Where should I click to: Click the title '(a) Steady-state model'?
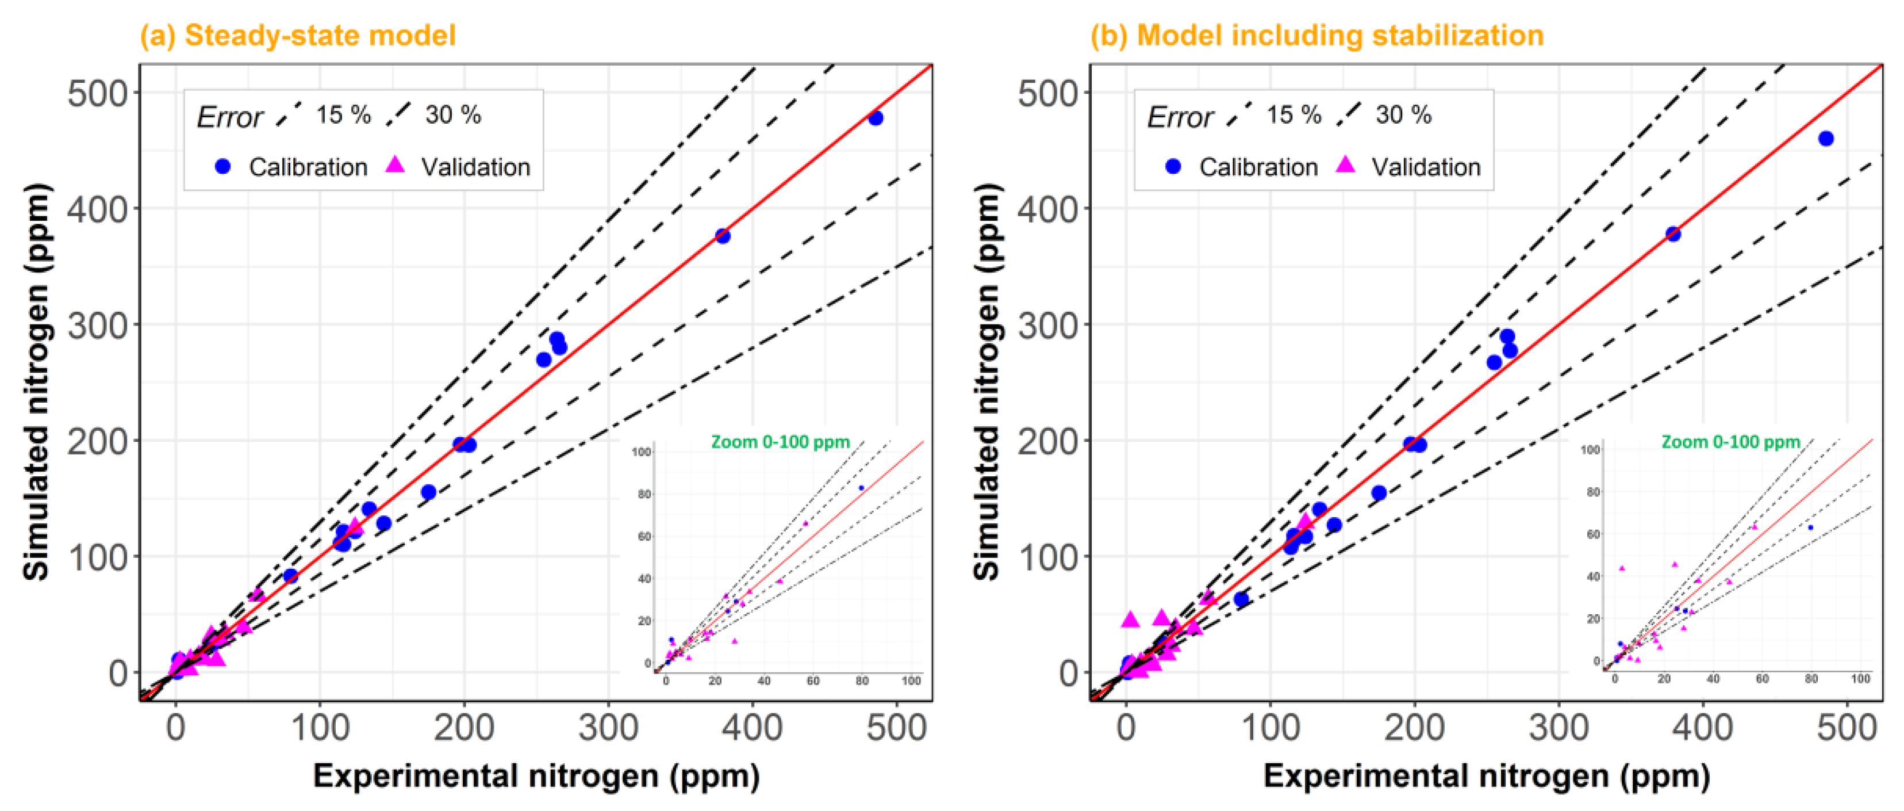297,36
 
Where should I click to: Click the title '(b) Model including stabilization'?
1316,36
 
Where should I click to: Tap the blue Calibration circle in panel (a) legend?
222,166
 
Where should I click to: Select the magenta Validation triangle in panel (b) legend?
1346,165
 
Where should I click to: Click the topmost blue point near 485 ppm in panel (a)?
875,117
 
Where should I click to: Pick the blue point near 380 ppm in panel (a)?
723,236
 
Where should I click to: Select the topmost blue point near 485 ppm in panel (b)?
1826,138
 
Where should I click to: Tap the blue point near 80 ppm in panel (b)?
1241,599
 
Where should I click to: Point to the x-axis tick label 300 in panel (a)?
608,728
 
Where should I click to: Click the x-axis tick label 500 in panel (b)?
1847,728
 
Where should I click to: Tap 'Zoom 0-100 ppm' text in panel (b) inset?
1730,442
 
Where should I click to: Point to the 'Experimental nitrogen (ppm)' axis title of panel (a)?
536,776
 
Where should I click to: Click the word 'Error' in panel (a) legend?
229,117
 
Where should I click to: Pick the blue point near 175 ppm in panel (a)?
428,492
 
